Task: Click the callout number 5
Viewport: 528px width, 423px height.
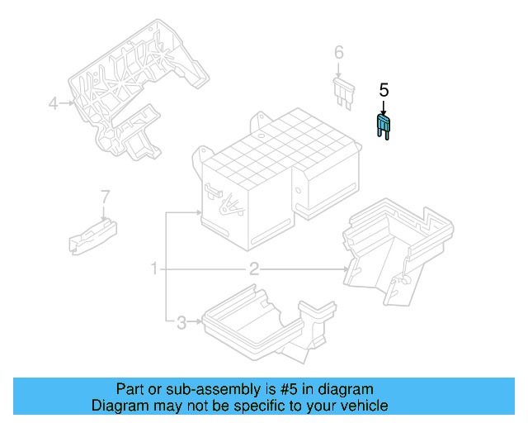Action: click(383, 89)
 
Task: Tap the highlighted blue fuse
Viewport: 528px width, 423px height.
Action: click(383, 126)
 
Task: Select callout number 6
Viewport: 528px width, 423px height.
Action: click(338, 53)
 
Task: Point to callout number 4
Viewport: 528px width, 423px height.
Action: click(53, 103)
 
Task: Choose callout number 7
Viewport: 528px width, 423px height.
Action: click(105, 197)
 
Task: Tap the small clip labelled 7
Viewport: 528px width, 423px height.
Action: click(91, 233)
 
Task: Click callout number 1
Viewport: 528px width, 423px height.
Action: click(153, 269)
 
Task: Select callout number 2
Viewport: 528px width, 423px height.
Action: click(254, 269)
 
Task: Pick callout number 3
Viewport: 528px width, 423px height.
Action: click(181, 322)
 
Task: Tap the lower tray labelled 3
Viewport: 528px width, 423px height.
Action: click(256, 322)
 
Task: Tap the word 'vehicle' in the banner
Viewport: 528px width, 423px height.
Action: click(364, 406)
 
